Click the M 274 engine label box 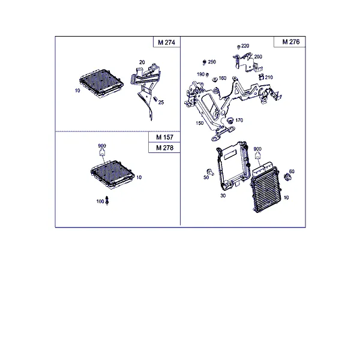pyautogui.click(x=167, y=42)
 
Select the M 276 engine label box pyautogui.click(x=290, y=41)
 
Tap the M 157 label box pyautogui.click(x=164, y=137)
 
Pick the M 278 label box pyautogui.click(x=164, y=148)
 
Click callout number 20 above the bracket pyautogui.click(x=142, y=62)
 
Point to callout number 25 pyautogui.click(x=161, y=103)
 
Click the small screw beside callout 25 pyautogui.click(x=155, y=99)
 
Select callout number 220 pyautogui.click(x=245, y=46)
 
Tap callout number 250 pyautogui.click(x=212, y=62)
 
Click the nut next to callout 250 pyautogui.click(x=205, y=62)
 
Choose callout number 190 pyautogui.click(x=200, y=74)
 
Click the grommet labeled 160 pyautogui.click(x=215, y=79)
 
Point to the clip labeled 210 pyautogui.click(x=261, y=77)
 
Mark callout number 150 pyautogui.click(x=200, y=123)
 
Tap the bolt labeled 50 pyautogui.click(x=211, y=172)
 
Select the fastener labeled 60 pyautogui.click(x=287, y=177)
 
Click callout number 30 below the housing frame pyautogui.click(x=223, y=196)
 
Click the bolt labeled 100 pyautogui.click(x=107, y=200)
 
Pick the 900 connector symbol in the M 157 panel pyautogui.click(x=102, y=152)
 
